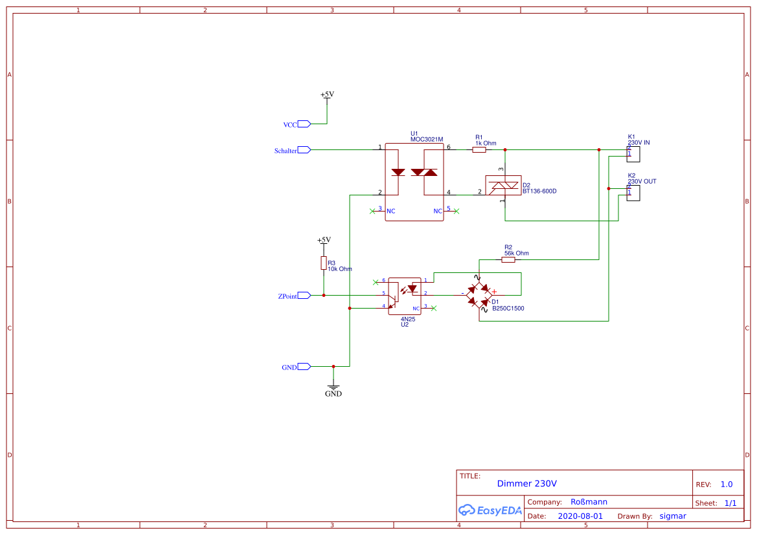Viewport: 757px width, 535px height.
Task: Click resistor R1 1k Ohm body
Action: pyautogui.click(x=479, y=149)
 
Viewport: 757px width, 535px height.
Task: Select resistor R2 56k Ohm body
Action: pyautogui.click(x=508, y=259)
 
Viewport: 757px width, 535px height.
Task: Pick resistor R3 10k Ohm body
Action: pyautogui.click(x=323, y=263)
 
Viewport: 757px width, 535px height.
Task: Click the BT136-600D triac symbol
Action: pyautogui.click(x=503, y=186)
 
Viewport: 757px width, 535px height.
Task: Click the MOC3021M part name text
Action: pyautogui.click(x=427, y=139)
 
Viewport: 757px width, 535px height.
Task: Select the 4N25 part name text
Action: pyautogui.click(x=407, y=319)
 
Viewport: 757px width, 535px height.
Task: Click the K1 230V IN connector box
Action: pyautogui.click(x=633, y=154)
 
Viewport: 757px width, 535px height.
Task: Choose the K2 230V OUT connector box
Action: pyautogui.click(x=633, y=193)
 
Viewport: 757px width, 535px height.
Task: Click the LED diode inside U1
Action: pyautogui.click(x=398, y=172)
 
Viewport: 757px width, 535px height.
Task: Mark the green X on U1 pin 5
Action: pyautogui.click(x=457, y=211)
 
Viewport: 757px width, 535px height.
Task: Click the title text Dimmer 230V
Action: pyautogui.click(x=526, y=483)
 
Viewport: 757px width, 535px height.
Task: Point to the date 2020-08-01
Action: pyautogui.click(x=580, y=516)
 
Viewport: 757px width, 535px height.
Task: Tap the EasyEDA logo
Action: pyautogui.click(x=490, y=510)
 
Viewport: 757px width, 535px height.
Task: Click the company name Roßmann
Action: pyautogui.click(x=589, y=501)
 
